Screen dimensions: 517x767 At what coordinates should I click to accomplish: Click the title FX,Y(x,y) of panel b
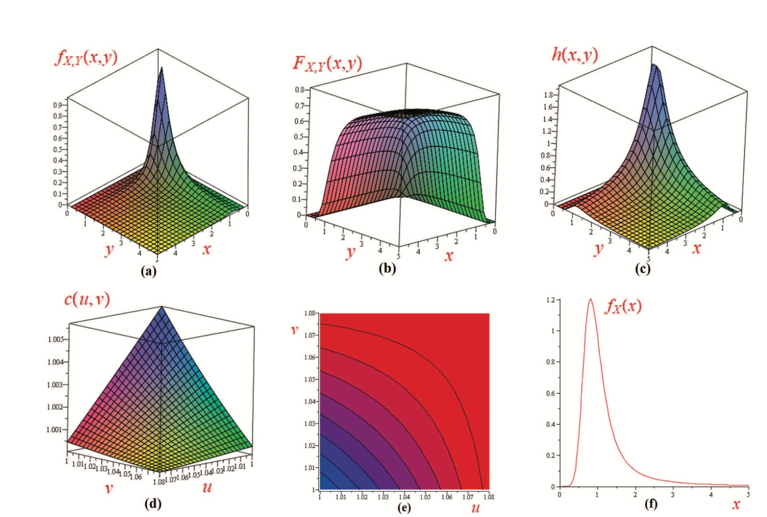pos(327,63)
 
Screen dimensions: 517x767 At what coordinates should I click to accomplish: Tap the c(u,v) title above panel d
pos(87,299)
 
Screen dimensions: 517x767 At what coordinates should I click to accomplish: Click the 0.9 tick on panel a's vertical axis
pos(58,105)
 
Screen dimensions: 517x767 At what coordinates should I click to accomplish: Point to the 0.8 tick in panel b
pos(299,90)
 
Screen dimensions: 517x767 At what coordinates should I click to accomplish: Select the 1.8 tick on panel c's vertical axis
pos(548,95)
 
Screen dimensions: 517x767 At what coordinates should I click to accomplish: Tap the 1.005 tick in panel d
pos(55,339)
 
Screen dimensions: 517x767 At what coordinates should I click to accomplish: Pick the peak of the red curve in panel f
pos(591,299)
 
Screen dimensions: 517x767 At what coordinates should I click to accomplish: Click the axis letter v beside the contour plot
pos(294,330)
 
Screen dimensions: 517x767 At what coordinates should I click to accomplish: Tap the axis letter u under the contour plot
pos(475,507)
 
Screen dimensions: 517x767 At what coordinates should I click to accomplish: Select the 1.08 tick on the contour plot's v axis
pos(309,313)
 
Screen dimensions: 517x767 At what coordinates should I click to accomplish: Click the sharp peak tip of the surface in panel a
pos(162,68)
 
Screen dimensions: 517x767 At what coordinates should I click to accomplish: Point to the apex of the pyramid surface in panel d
pos(162,307)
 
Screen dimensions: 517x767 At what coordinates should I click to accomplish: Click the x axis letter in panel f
pos(735,504)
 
